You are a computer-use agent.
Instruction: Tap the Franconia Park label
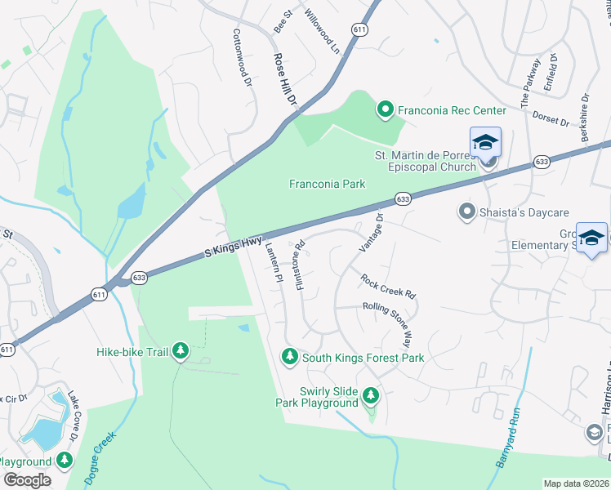click(x=327, y=184)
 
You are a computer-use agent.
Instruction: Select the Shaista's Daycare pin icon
click(x=467, y=212)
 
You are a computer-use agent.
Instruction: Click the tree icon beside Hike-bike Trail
click(x=181, y=352)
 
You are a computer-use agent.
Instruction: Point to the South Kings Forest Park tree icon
click(x=289, y=357)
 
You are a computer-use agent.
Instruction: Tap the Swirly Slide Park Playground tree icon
click(x=371, y=396)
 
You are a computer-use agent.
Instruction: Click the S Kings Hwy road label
click(x=234, y=246)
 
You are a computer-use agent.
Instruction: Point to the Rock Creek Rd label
click(x=389, y=285)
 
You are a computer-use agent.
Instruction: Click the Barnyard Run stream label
click(x=506, y=444)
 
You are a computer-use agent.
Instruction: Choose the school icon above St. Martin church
click(x=484, y=142)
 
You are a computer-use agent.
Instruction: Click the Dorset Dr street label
click(x=550, y=118)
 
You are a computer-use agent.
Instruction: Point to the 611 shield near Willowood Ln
click(x=359, y=29)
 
